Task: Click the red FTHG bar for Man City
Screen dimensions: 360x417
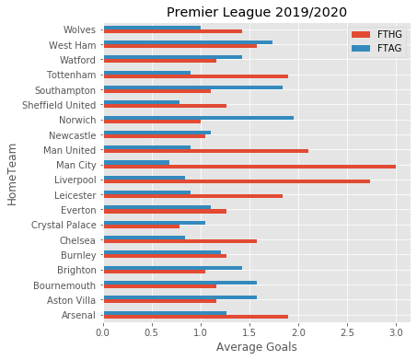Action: tap(249, 167)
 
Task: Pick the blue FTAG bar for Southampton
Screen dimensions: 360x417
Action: tap(192, 87)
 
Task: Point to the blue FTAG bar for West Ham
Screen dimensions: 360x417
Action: tap(188, 42)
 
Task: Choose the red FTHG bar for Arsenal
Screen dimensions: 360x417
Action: tap(195, 317)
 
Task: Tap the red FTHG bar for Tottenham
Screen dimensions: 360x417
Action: tap(195, 76)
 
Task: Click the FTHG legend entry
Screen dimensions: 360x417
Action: tap(376, 33)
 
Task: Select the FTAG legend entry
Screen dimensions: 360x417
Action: tap(376, 47)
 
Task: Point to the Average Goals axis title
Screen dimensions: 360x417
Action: tap(250, 347)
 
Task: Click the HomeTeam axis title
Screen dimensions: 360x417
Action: tap(13, 172)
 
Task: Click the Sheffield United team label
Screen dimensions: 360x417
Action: tap(54, 105)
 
